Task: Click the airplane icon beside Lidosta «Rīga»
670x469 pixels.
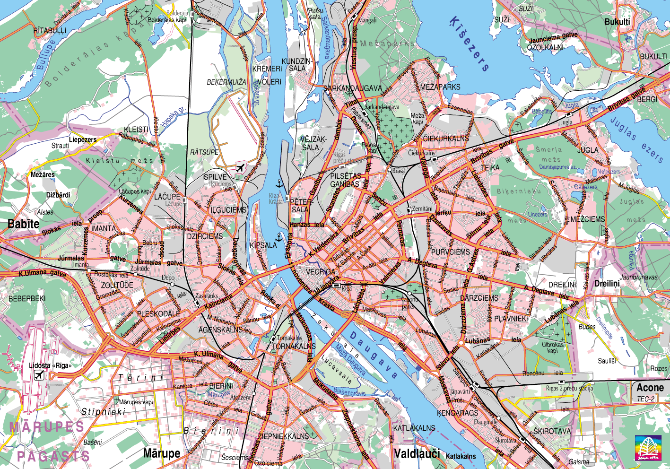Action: point(39,375)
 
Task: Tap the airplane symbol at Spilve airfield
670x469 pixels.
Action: point(241,167)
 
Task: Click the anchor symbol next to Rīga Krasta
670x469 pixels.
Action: point(279,183)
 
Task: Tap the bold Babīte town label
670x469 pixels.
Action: point(23,224)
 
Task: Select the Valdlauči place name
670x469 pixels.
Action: point(417,453)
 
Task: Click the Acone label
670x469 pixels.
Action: point(650,388)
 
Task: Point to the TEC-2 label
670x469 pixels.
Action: point(645,399)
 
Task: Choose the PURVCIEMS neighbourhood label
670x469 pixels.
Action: point(450,252)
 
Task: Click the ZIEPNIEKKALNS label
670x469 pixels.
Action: point(283,436)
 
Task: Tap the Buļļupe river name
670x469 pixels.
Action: point(46,55)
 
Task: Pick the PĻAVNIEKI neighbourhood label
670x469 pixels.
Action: point(511,319)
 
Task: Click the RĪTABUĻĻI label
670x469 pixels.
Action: point(50,31)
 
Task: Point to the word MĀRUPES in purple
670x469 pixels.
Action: point(47,427)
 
